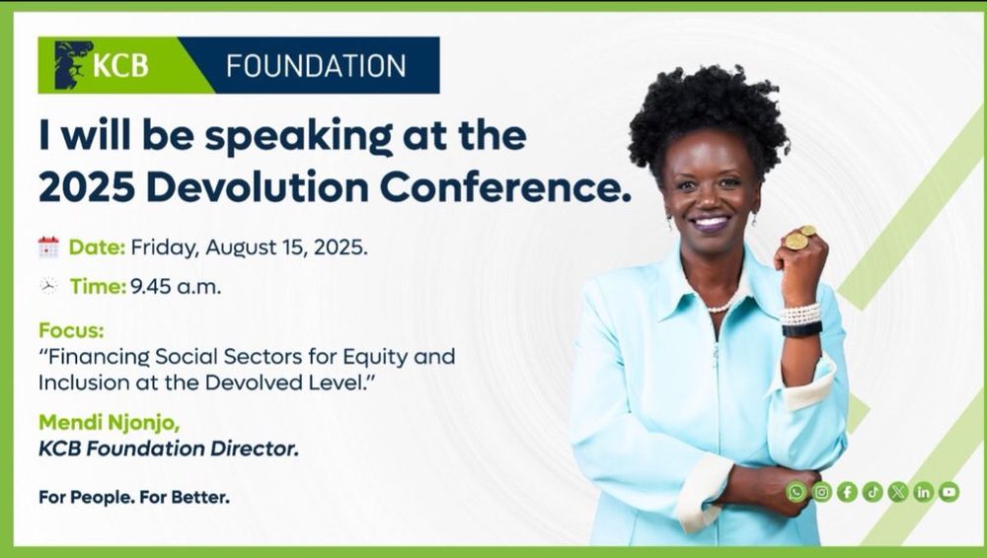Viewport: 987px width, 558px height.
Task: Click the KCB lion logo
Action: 73,65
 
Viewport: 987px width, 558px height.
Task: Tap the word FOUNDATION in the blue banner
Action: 316,66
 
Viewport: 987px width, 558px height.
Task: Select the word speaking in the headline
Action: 298,137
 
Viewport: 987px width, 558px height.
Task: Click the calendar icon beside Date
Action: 48,247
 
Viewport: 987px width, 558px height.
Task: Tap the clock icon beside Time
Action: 48,286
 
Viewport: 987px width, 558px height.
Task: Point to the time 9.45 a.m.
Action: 176,287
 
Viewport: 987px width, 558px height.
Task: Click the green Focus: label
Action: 71,329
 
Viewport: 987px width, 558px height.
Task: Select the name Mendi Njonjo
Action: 109,423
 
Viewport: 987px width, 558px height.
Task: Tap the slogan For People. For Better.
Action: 134,497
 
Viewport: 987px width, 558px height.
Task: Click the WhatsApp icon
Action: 797,491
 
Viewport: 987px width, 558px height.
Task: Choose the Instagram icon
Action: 821,491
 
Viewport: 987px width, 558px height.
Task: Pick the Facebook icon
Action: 847,491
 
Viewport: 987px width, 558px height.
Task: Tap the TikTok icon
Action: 873,491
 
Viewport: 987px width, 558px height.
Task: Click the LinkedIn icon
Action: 924,491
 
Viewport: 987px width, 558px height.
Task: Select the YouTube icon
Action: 949,491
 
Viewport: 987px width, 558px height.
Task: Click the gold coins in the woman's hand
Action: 799,238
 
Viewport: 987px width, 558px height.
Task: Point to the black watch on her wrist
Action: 801,329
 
